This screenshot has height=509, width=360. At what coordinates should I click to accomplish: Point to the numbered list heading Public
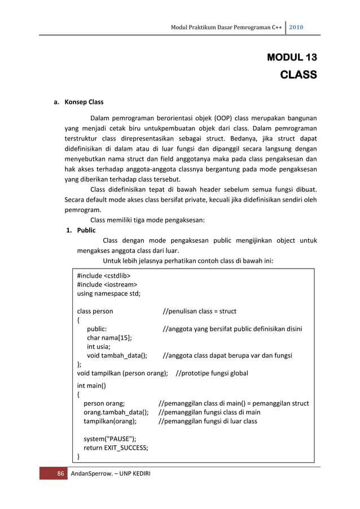[x=86, y=230]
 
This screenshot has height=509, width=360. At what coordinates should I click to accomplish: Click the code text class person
[x=95, y=311]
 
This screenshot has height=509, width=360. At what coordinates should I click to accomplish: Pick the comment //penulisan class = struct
[x=199, y=311]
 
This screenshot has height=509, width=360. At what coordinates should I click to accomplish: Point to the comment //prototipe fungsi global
[x=212, y=373]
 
